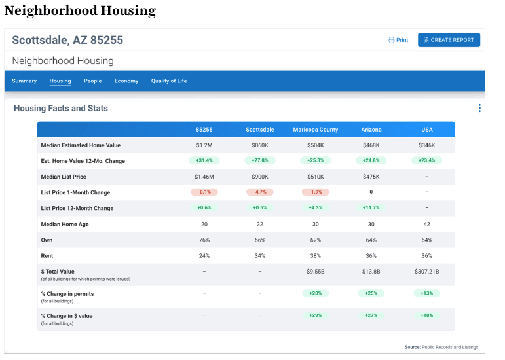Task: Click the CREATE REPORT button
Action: click(x=449, y=40)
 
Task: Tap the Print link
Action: click(x=398, y=40)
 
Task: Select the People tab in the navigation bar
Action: click(x=92, y=81)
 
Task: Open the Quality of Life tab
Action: click(x=169, y=81)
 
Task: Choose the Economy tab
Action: click(x=126, y=81)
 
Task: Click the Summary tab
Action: click(x=24, y=81)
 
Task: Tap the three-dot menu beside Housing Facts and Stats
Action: click(x=479, y=109)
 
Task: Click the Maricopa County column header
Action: click(x=316, y=130)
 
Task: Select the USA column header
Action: click(x=426, y=130)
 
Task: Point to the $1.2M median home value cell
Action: click(x=204, y=145)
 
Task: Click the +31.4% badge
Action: click(x=204, y=161)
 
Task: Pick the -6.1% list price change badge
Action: click(x=204, y=192)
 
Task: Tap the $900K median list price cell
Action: click(x=260, y=177)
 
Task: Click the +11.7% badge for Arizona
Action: click(x=371, y=208)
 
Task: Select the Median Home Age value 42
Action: click(x=426, y=224)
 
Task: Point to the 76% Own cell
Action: click(x=204, y=240)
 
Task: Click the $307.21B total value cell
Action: click(x=426, y=271)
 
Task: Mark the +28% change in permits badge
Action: click(x=316, y=293)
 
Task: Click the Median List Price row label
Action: click(x=64, y=177)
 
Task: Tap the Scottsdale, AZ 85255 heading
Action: click(x=67, y=40)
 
